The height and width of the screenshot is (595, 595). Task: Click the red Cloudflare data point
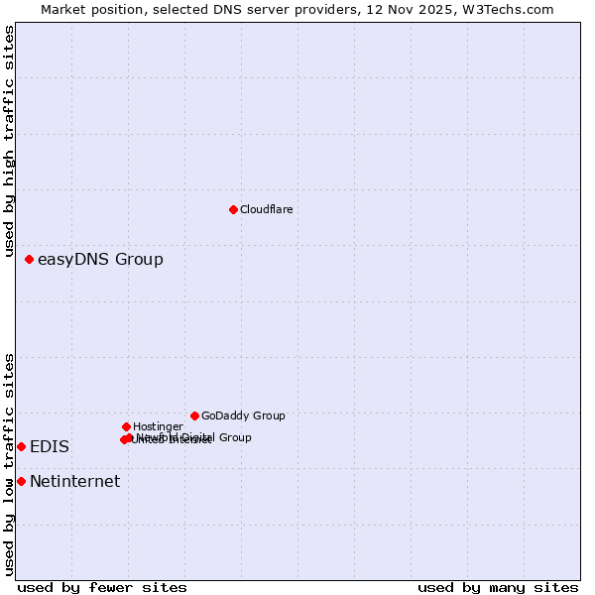233,209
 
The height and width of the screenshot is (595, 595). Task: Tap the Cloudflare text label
266,209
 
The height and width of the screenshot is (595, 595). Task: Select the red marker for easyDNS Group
29,259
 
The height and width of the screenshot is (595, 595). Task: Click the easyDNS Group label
100,260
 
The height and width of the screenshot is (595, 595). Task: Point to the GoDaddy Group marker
194,416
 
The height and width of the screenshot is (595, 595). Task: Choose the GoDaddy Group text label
243,416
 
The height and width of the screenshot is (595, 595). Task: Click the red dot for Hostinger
126,426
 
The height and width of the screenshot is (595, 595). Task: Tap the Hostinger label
158,426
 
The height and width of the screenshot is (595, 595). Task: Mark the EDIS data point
21,446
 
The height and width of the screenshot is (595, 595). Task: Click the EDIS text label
50,447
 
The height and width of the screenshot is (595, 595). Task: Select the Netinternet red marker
21,481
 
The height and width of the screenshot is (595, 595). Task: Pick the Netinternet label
74,482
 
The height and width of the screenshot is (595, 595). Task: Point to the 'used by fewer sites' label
102,587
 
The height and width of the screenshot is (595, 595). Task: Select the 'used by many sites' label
498,587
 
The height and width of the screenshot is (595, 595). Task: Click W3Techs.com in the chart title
510,9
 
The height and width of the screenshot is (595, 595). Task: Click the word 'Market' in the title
62,9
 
